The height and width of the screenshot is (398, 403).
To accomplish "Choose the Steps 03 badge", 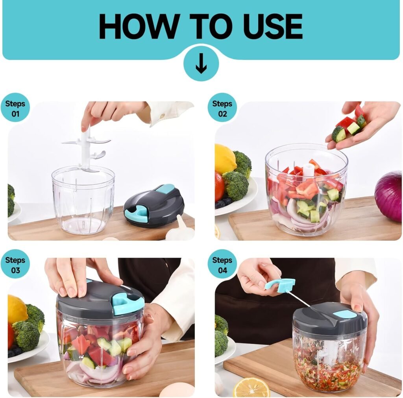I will tap(15, 265).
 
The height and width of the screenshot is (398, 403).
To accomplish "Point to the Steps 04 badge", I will tap(222, 265).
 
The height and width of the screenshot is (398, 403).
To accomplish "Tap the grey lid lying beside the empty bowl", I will tap(154, 205).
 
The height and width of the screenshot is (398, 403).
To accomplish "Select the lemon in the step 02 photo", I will tap(225, 159).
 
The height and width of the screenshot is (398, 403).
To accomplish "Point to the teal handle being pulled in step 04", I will tap(281, 284).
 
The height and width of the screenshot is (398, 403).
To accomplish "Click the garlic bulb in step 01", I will tap(181, 230).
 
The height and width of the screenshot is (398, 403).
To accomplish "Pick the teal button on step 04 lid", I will tap(344, 314).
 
